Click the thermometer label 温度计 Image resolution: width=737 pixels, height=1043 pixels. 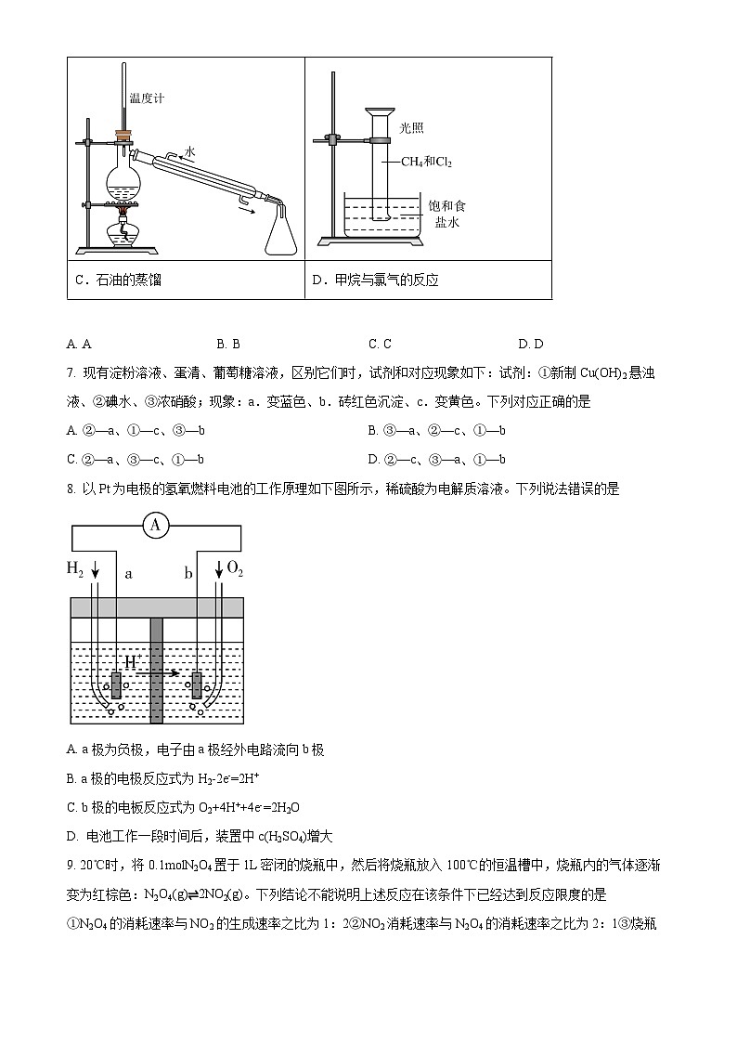147,98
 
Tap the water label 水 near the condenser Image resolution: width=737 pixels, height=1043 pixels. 189,150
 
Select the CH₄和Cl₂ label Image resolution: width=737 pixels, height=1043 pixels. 426,162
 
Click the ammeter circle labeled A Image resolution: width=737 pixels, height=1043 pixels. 155,527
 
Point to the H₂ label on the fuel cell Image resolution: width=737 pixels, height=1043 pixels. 76,567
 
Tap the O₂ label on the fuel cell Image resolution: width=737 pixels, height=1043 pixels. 235,567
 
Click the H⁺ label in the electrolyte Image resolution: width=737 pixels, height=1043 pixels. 133,661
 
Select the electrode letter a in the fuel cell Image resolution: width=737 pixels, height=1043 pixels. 129,574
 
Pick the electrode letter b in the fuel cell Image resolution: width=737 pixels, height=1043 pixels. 187,574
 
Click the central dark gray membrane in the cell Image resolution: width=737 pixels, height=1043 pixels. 156,669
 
